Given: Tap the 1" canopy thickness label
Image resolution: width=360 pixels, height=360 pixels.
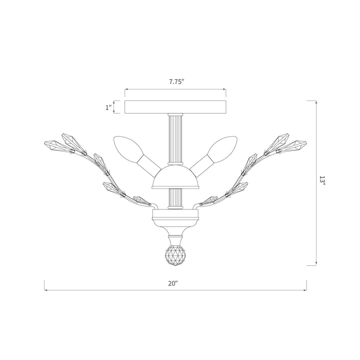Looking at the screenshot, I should point(108,107).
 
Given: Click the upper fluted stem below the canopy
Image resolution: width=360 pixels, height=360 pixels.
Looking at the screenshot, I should point(175,140).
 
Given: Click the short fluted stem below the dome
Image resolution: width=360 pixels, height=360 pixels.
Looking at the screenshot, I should point(175,198).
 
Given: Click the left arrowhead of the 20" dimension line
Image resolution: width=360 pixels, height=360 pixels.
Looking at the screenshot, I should point(46,289).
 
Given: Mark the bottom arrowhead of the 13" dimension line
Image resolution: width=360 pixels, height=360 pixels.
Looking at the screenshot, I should point(316,263).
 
